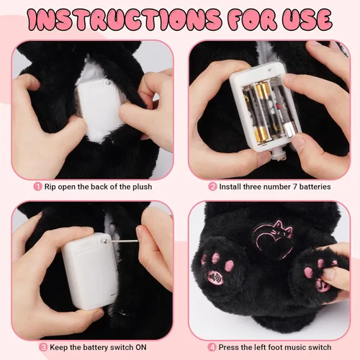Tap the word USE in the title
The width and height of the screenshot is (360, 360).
[307, 20]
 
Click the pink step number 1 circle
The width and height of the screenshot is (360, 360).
[37, 186]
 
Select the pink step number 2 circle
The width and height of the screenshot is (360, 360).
[212, 186]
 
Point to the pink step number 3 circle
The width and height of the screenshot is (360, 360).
[43, 347]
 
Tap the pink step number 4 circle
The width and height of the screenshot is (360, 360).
[212, 347]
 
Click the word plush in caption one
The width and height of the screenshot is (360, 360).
[143, 187]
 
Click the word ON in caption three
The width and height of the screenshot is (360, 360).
[141, 347]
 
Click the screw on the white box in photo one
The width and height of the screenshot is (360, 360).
[109, 83]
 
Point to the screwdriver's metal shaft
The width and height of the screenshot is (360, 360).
[122, 240]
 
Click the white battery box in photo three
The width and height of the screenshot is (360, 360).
[91, 271]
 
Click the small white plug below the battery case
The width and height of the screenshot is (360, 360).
[279, 156]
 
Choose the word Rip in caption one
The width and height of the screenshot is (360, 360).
[50, 187]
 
